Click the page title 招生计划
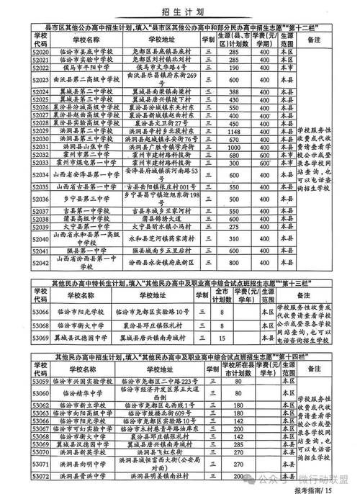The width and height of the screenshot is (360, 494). [179, 12]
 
